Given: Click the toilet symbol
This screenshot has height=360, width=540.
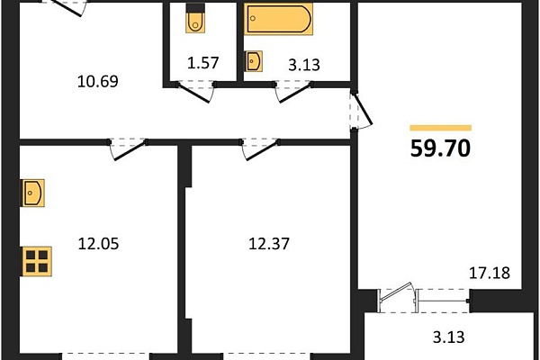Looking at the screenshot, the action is [195, 18].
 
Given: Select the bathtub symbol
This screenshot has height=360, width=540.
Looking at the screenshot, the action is [279, 19].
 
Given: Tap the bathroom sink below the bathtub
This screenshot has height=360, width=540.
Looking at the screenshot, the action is [254, 61].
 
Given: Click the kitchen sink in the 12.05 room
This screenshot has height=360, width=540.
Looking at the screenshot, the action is [33, 193].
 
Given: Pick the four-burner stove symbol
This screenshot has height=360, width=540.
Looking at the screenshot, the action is [37, 262].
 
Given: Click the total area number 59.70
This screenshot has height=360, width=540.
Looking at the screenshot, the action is [440, 148].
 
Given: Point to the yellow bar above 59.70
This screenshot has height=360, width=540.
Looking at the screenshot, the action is [440, 128].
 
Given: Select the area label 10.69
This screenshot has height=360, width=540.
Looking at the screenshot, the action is [98, 82].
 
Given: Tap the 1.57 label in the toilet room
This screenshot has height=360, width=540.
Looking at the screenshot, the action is [202, 63].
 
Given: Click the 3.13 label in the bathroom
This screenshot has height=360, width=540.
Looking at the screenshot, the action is [304, 65].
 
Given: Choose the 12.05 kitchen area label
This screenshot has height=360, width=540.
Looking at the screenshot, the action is [98, 244].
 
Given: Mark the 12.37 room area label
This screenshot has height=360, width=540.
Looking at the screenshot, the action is [269, 244].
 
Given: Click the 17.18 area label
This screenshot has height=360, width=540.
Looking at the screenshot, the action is [490, 274].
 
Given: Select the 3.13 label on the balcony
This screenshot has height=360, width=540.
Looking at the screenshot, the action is [449, 337].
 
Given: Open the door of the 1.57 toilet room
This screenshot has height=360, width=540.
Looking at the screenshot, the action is [193, 93].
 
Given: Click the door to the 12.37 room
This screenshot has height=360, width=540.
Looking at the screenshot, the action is [261, 150].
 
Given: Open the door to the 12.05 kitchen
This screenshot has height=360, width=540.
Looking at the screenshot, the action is [129, 150].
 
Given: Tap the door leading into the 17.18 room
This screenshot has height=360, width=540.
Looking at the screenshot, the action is [364, 109].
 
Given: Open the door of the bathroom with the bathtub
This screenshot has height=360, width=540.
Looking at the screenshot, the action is [293, 93].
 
